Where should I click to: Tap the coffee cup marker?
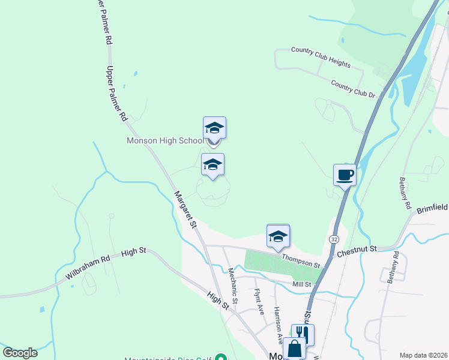point(345,175)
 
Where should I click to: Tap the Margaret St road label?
point(186,209)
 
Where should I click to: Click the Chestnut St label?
point(356,248)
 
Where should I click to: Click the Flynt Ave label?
point(259,302)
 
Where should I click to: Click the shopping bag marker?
point(294,349)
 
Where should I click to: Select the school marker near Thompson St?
point(278,236)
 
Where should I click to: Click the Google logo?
point(20,353)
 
